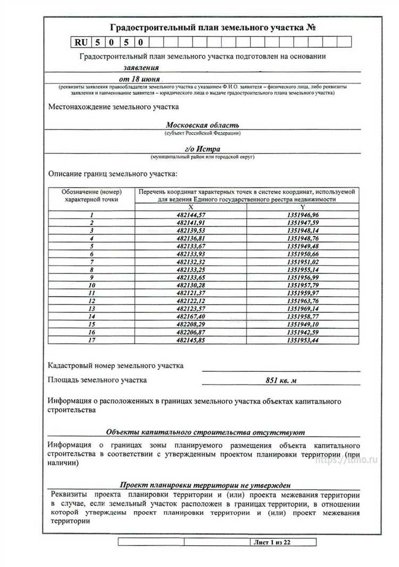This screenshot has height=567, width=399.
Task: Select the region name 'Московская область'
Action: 199,125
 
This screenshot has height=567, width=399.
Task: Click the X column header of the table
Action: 190,207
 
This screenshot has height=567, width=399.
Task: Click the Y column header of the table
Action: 303,207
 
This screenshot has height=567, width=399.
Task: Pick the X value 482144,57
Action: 190,214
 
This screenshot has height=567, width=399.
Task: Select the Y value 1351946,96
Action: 303,214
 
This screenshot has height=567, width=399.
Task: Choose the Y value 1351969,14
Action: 303,308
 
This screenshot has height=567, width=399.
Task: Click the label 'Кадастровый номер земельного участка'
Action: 115,366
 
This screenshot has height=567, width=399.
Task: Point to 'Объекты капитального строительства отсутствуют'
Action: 205,432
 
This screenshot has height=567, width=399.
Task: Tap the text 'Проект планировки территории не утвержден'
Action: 205,485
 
